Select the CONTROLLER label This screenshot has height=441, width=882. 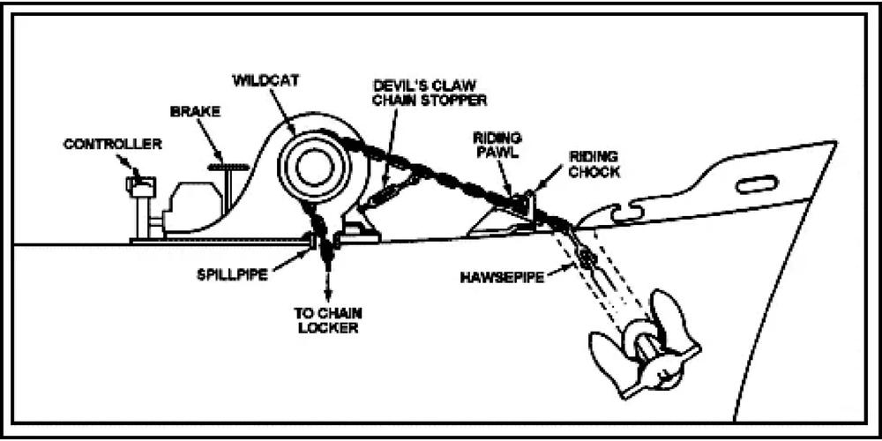coord(112,144)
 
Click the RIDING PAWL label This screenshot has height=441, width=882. coord(497,144)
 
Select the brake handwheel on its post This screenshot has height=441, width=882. coord(227,165)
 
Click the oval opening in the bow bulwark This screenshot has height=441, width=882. coord(756,184)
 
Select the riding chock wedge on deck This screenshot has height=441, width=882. coord(500,220)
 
